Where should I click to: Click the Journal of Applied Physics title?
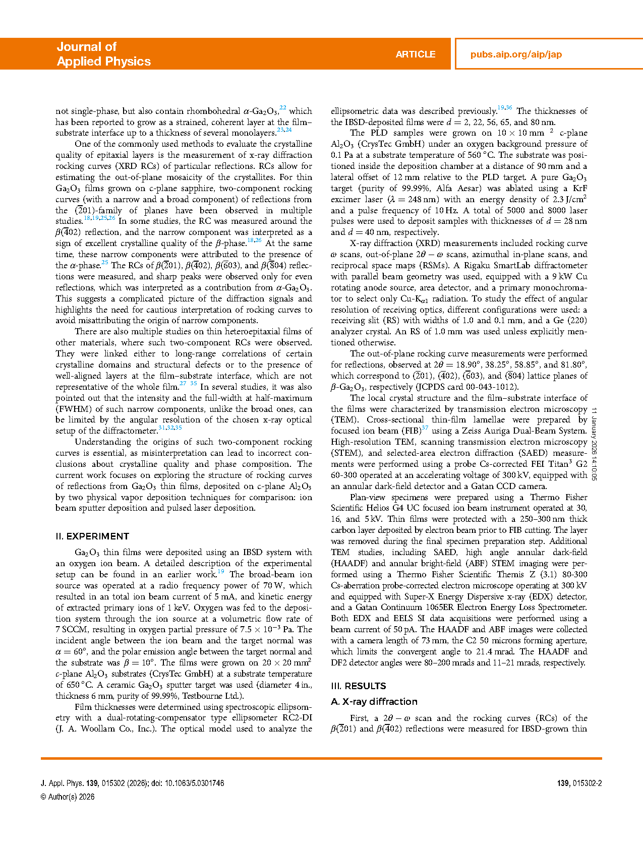click(x=103, y=54)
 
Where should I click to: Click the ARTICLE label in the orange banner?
click(x=415, y=54)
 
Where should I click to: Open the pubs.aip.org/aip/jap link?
click(x=516, y=54)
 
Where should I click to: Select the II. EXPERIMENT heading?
click(x=92, y=536)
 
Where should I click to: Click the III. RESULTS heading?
click(x=358, y=686)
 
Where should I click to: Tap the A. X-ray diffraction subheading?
click(x=374, y=702)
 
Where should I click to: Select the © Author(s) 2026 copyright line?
click(x=68, y=797)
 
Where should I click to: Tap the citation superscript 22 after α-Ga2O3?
click(x=283, y=108)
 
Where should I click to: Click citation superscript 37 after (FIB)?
click(x=425, y=428)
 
